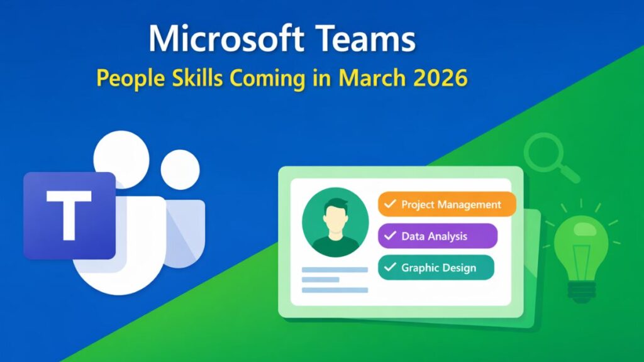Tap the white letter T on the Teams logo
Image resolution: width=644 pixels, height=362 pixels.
(x=69, y=215)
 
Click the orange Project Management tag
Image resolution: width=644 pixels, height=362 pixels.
(x=447, y=204)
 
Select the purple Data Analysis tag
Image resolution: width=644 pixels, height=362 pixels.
(x=438, y=236)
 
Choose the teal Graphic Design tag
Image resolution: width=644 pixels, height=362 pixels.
(x=436, y=268)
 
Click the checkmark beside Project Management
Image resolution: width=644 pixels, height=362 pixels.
(x=390, y=204)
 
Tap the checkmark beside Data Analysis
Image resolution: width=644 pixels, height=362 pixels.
(x=390, y=236)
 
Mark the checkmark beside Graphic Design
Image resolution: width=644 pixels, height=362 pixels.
(x=390, y=268)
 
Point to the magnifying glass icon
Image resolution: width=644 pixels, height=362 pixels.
(x=545, y=154)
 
